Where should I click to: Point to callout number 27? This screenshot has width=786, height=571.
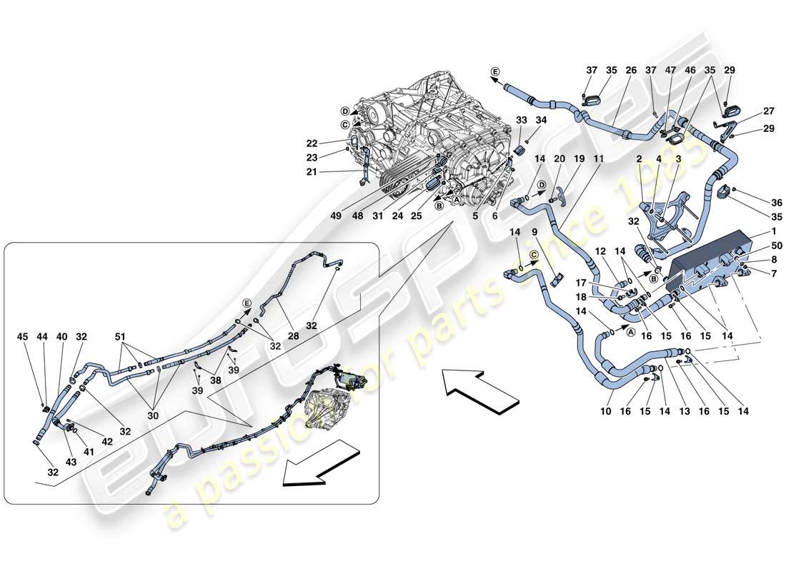point(749,112)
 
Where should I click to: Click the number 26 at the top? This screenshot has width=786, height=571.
point(631,71)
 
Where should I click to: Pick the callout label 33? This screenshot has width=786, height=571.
point(520,121)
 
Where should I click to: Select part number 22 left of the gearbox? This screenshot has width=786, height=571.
point(332,143)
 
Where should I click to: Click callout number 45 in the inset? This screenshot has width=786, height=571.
point(23,337)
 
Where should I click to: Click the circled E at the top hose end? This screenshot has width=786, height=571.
point(495,71)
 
